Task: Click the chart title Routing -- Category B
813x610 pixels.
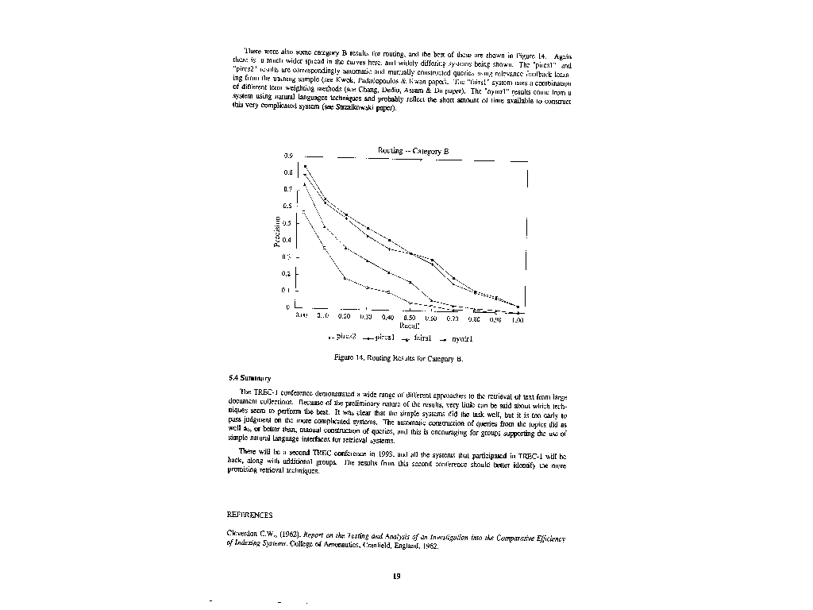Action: [412, 151]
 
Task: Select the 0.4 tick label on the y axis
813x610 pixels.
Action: [287, 240]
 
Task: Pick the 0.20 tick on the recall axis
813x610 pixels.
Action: [344, 317]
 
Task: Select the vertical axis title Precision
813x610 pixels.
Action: [277, 231]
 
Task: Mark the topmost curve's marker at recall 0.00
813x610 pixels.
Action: [305, 166]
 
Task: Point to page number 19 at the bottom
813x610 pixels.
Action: [396, 577]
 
